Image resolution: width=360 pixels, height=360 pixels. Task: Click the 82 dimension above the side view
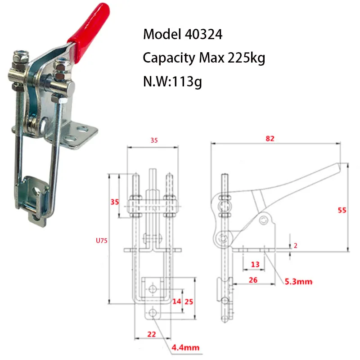pos(270,139)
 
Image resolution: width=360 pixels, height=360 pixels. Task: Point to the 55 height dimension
pos(342,210)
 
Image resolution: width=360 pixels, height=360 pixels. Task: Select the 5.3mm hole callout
pos(297,283)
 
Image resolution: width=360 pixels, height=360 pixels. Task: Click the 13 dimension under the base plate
pos(255,264)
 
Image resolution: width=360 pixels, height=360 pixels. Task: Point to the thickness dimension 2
pos(295,246)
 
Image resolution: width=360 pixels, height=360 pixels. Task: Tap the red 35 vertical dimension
pos(115,202)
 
